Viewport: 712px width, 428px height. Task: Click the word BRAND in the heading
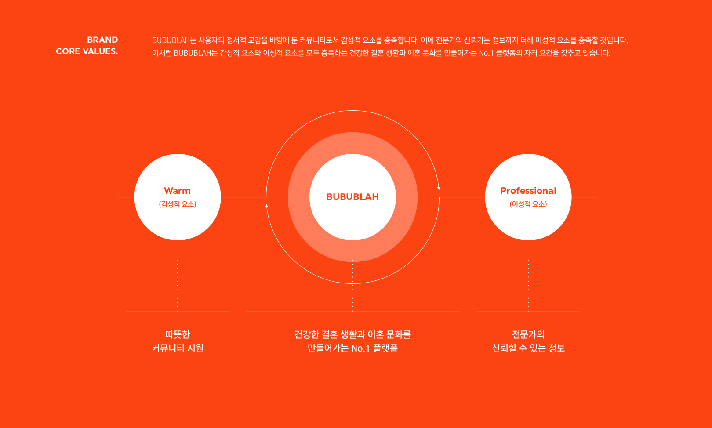pyautogui.click(x=102, y=40)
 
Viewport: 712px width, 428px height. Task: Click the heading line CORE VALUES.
pyautogui.click(x=87, y=51)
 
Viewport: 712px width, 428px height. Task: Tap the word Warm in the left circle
pyautogui.click(x=178, y=191)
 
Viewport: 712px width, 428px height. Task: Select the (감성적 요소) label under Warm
pyautogui.click(x=178, y=204)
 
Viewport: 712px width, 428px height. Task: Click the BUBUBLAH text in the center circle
pyautogui.click(x=352, y=197)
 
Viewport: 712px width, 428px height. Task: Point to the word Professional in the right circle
pyautogui.click(x=528, y=191)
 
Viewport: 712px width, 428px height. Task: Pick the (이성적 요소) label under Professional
pyautogui.click(x=528, y=204)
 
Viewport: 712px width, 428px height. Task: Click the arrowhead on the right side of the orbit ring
pyautogui.click(x=439, y=188)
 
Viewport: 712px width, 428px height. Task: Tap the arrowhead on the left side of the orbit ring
pyautogui.click(x=267, y=206)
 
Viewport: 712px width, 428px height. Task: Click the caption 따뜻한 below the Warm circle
pyautogui.click(x=178, y=334)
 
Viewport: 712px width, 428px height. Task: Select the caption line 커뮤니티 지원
pyautogui.click(x=178, y=348)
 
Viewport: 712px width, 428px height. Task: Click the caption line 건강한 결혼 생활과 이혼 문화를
pyautogui.click(x=352, y=334)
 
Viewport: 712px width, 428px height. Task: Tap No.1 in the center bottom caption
pyautogui.click(x=361, y=348)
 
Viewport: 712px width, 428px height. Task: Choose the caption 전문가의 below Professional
pyautogui.click(x=528, y=334)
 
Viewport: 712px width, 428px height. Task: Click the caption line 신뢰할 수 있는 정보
pyautogui.click(x=528, y=348)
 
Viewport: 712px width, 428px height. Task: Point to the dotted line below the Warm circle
pyautogui.click(x=178, y=285)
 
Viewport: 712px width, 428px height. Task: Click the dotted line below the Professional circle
pyautogui.click(x=528, y=285)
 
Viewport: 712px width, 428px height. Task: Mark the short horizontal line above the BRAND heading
pyautogui.click(x=83, y=29)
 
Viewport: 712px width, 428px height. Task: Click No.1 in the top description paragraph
pyautogui.click(x=487, y=53)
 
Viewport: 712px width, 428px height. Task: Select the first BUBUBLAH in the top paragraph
pyautogui.click(x=171, y=40)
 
